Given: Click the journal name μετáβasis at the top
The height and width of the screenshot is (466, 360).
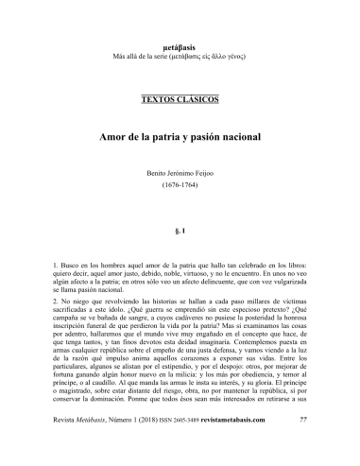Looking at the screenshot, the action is coord(180,45).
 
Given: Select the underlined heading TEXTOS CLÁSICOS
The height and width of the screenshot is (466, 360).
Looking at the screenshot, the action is coord(180,98).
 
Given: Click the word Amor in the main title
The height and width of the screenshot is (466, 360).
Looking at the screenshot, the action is coord(116,137).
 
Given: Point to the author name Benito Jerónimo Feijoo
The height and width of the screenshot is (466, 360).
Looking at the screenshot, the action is coord(180,175).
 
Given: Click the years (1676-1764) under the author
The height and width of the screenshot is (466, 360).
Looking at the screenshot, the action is coord(180,189).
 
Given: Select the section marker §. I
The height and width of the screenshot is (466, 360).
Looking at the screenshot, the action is coord(180,230).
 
